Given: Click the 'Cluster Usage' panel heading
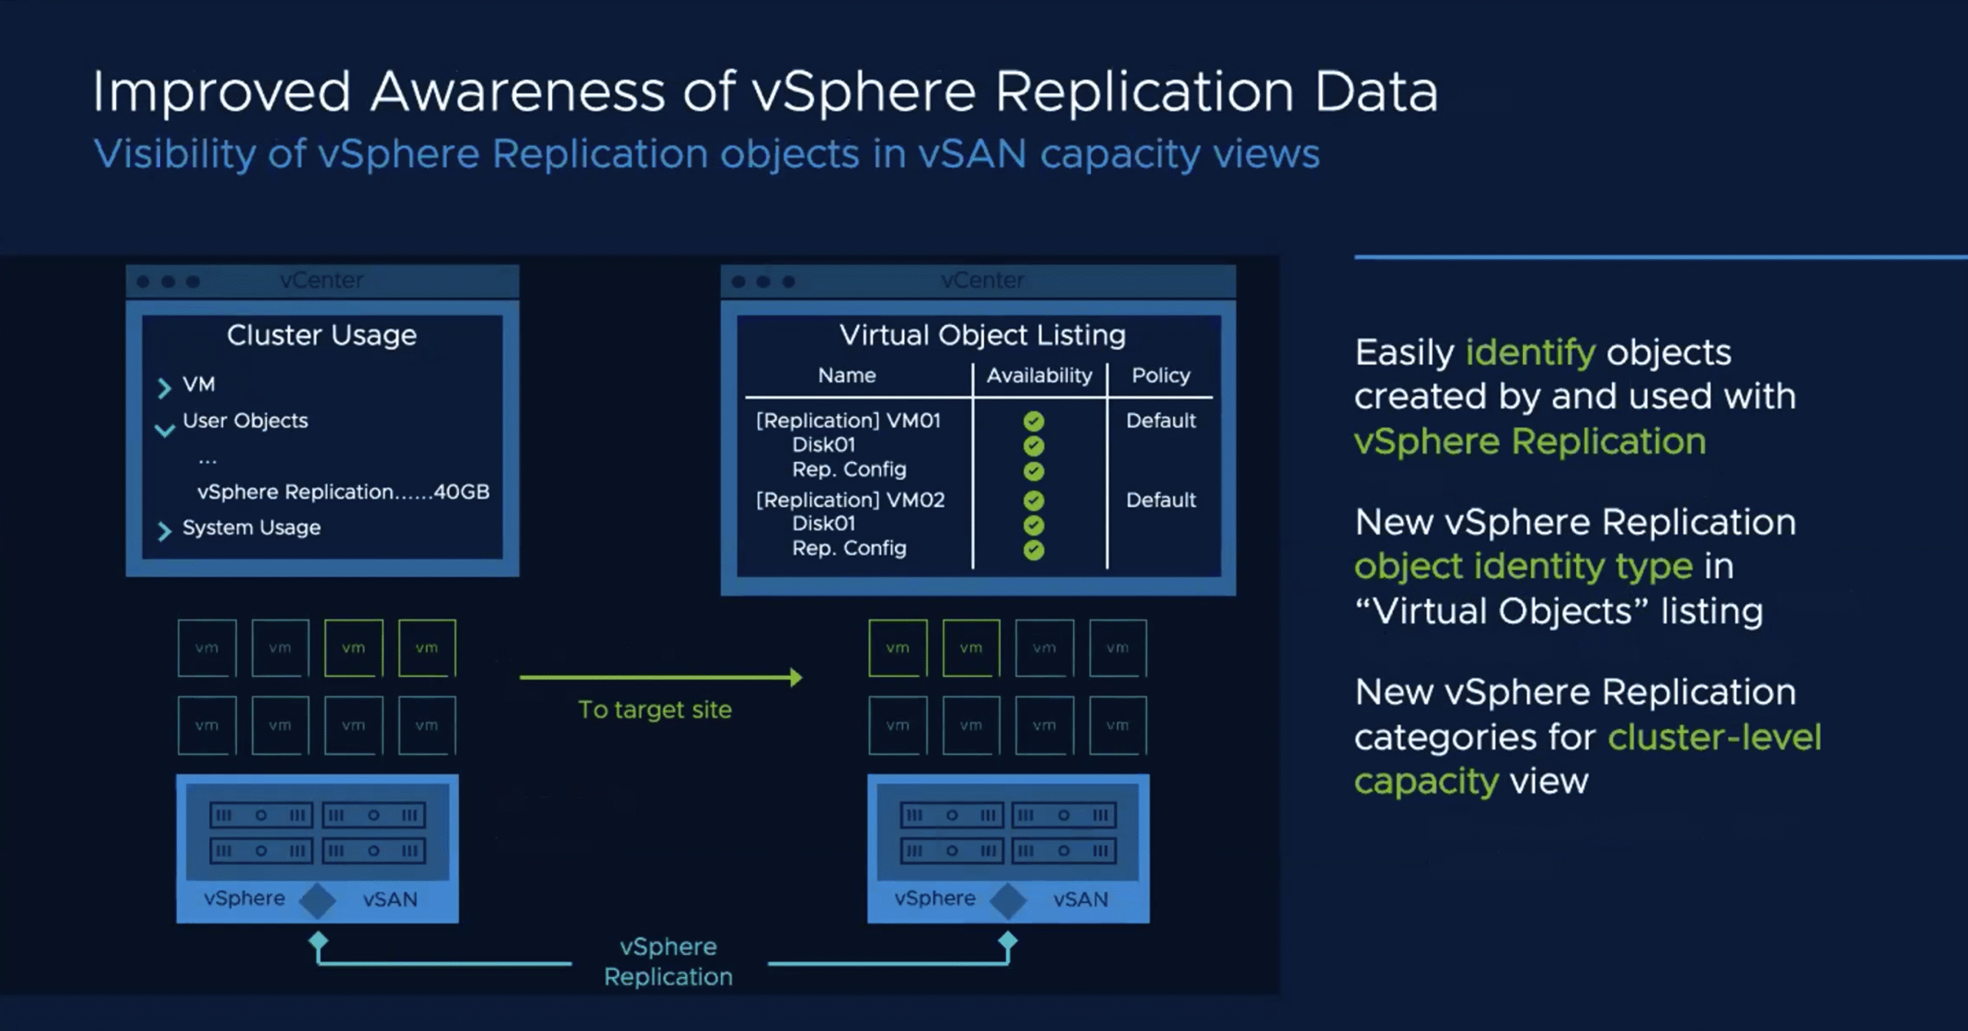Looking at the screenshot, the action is (x=321, y=336).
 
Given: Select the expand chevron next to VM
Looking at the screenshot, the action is (x=164, y=388).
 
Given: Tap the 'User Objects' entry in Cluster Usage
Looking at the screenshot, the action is (x=245, y=421).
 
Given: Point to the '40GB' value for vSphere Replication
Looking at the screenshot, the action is (x=461, y=492).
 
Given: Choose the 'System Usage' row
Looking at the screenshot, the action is (x=251, y=528).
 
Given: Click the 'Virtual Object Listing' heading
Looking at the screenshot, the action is (x=982, y=336).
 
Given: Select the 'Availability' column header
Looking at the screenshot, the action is (x=1039, y=376).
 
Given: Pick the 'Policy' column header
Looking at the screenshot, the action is (x=1161, y=376).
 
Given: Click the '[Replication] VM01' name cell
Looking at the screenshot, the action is (x=848, y=421).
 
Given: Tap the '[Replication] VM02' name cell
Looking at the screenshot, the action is (x=850, y=500).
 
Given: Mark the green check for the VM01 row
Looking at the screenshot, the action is (x=1034, y=421).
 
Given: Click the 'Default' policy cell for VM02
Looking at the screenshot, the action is (x=1161, y=500).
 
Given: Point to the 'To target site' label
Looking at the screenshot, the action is (x=655, y=710).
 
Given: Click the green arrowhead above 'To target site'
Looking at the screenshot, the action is (x=796, y=677).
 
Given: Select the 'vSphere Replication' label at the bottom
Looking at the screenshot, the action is (x=668, y=962).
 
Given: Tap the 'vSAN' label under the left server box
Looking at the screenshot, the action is (x=390, y=900).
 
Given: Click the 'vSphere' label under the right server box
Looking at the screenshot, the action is (x=935, y=898).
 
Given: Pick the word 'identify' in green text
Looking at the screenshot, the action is (x=1531, y=353).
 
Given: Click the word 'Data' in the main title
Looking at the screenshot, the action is (x=1375, y=92).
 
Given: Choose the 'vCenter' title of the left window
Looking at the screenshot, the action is (x=321, y=280).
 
